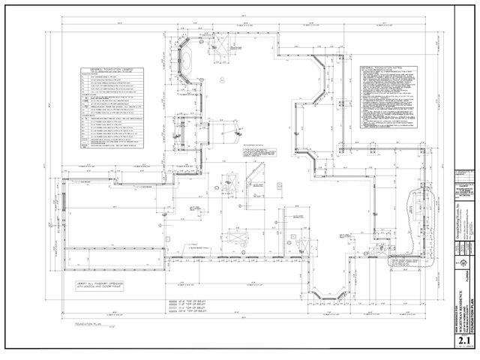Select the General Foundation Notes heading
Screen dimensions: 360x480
click(386, 66)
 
